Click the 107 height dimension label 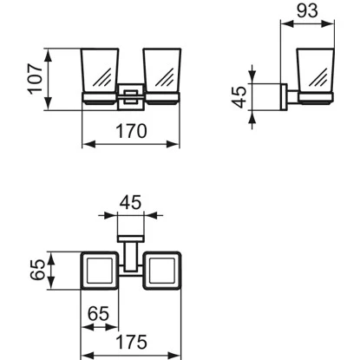click(36, 79)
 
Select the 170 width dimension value click(131, 131)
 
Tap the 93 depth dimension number click(307, 11)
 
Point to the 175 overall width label click(131, 342)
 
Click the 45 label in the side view click(240, 97)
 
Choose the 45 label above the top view click(131, 202)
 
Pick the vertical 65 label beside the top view click(37, 270)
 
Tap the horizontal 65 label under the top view click(99, 314)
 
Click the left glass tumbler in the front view click(100, 71)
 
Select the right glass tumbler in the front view click(162, 71)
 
